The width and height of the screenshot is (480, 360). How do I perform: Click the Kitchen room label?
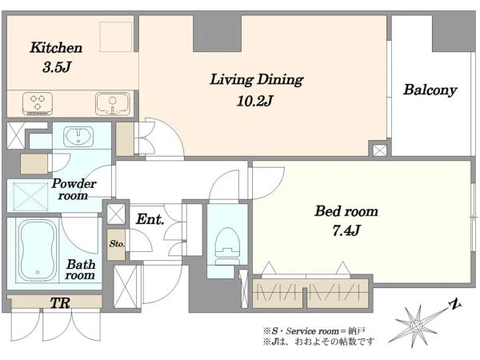56,48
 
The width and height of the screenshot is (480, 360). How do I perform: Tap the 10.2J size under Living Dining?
254,101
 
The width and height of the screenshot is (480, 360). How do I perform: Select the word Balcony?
430,90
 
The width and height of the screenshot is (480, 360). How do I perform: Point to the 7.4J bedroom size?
346,230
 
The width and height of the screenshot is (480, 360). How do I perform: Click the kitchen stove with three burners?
38,103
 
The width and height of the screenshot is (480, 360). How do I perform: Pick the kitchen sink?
112,103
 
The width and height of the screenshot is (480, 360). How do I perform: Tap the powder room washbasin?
78,136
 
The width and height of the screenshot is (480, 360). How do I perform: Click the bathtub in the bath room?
38,250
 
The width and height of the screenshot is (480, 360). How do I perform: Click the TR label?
60,303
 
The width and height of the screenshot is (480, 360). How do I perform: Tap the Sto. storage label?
117,244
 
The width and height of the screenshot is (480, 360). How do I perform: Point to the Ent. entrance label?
150,219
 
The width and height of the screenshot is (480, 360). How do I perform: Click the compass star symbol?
416,326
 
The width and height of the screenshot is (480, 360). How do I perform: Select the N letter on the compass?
455,304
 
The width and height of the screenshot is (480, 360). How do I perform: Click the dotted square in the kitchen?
116,37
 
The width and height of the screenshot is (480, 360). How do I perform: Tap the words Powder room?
74,189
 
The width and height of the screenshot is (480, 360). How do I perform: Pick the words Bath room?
80,270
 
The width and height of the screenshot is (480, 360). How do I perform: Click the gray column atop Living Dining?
217,33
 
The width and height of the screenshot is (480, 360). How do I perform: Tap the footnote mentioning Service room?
314,331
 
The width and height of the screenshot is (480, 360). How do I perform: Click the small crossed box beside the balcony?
379,150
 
